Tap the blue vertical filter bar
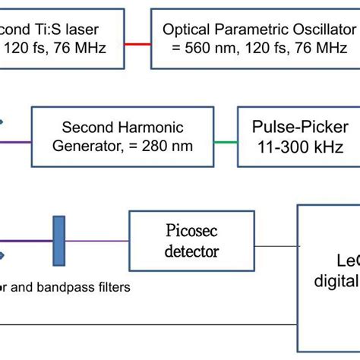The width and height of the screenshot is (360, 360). [x=58, y=241]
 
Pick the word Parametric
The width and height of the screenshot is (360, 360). [x=246, y=30]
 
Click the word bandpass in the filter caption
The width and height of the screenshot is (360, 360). [x=67, y=287]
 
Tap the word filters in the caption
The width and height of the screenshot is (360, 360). [x=111, y=287]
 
